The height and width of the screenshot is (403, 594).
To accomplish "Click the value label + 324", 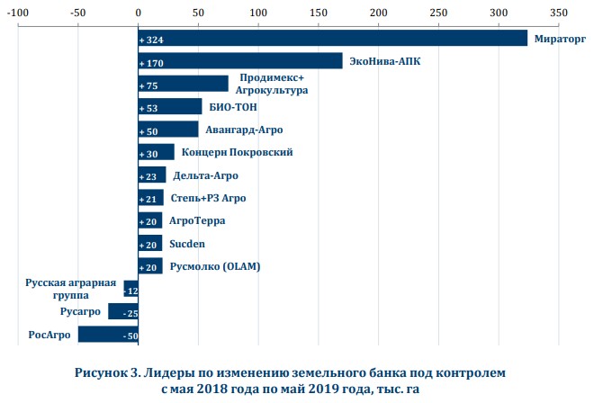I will (x=150, y=40).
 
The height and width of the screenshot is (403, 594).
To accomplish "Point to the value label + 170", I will (x=150, y=64).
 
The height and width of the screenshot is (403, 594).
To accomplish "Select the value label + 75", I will (x=148, y=86).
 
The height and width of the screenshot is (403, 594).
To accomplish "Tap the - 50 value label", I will (x=129, y=336).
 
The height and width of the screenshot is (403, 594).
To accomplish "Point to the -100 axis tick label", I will (x=18, y=13).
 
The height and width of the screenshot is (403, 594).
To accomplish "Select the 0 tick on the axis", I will (x=138, y=13).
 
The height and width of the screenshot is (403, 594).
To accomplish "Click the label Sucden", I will (x=187, y=243).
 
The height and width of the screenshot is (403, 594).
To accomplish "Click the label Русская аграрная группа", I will (x=70, y=288).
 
